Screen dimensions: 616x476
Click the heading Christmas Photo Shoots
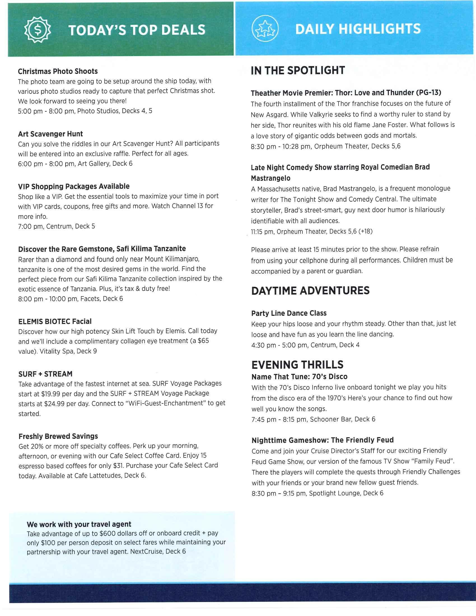[58, 71]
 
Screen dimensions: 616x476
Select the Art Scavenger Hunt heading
[50, 134]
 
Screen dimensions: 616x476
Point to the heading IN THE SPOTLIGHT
[298, 71]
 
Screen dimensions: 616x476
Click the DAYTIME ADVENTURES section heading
[310, 291]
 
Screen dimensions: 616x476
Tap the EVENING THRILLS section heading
[297, 365]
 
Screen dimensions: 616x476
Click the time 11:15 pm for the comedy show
[262, 232]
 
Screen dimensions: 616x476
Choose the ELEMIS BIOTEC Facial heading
[55, 321]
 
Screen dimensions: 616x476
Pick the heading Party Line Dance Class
[289, 313]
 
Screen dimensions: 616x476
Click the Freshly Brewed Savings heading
[58, 436]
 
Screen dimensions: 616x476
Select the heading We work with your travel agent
[79, 524]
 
